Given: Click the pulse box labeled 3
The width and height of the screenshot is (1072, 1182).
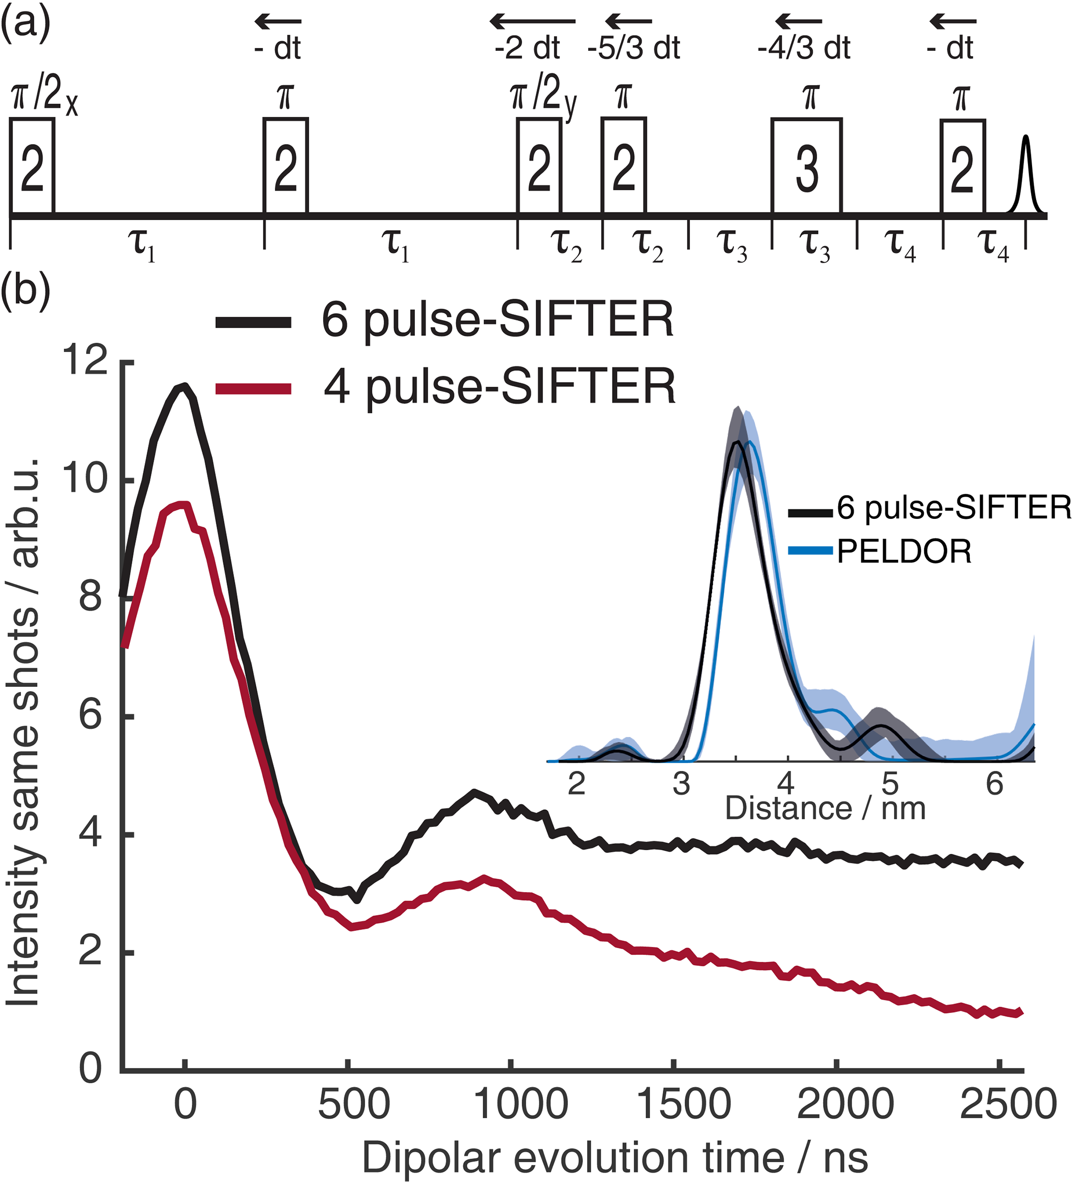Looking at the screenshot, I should click(806, 167).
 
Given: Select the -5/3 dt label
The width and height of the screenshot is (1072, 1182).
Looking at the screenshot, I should click(633, 48).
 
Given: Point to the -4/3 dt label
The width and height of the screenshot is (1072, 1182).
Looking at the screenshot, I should click(803, 48).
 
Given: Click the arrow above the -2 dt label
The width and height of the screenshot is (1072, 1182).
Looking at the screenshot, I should click(533, 22).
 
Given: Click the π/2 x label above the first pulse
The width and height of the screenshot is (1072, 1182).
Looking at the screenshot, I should click(44, 97).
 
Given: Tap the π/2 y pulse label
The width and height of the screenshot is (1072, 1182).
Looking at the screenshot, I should click(543, 97).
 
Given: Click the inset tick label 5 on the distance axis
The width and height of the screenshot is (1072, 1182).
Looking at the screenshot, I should click(890, 784).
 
